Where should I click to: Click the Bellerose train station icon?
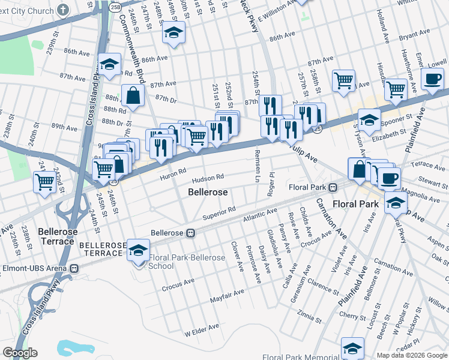click(191, 233)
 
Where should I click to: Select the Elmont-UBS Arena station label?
click(35, 268)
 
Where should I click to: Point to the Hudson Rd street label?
click(208, 178)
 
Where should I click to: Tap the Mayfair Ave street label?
click(227, 295)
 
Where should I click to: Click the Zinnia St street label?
click(309, 314)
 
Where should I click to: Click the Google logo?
click(20, 353)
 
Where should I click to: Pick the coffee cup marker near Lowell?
click(432, 78)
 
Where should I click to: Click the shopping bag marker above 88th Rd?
click(133, 95)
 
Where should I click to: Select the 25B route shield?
click(115, 7)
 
